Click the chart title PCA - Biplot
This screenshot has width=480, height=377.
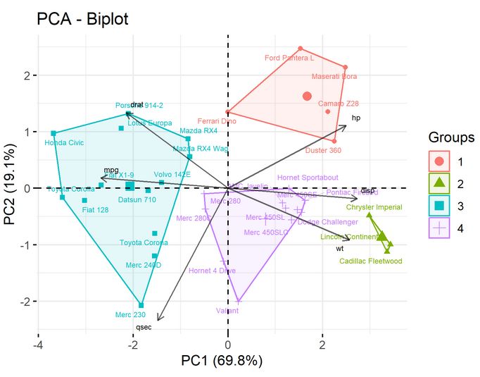82,19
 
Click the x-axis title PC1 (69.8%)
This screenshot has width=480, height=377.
227,362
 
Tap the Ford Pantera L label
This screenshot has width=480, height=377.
289,58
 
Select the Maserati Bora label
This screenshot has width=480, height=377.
334,76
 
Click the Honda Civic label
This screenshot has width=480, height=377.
64,142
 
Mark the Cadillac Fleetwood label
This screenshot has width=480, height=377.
370,261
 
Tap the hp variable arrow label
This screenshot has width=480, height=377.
356,118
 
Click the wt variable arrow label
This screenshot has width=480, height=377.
339,249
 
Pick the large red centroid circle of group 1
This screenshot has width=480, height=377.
307,96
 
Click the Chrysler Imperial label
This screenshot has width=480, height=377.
374,207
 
